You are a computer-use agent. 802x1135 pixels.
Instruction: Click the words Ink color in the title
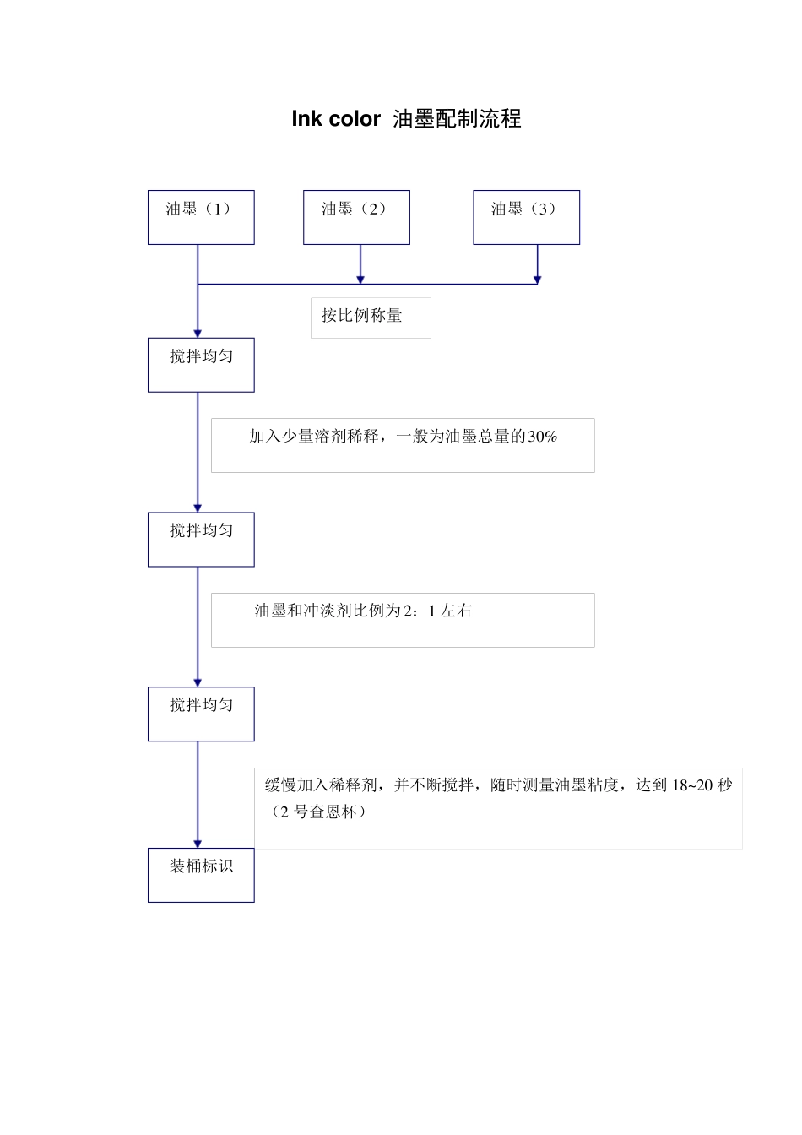[336, 119]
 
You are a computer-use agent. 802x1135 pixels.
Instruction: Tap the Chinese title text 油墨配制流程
[457, 119]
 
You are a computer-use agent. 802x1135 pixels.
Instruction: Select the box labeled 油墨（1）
[201, 217]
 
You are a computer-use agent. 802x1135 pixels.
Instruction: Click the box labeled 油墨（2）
[356, 217]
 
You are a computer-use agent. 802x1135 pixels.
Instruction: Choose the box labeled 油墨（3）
[526, 217]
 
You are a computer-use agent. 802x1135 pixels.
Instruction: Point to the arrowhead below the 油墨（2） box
[360, 279]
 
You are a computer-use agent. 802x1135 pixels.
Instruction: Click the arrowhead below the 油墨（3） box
[537, 279]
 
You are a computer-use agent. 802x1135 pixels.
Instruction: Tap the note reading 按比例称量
[362, 316]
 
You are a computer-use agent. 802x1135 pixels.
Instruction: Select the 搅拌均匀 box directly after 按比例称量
[201, 365]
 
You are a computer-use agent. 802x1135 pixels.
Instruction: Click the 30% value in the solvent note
[542, 437]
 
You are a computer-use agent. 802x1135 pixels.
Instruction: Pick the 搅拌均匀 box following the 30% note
[201, 539]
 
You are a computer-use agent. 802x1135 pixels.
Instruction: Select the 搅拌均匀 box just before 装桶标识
[201, 714]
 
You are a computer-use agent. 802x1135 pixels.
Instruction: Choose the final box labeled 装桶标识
[201, 875]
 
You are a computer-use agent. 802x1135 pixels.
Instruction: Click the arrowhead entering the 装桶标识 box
[198, 843]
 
